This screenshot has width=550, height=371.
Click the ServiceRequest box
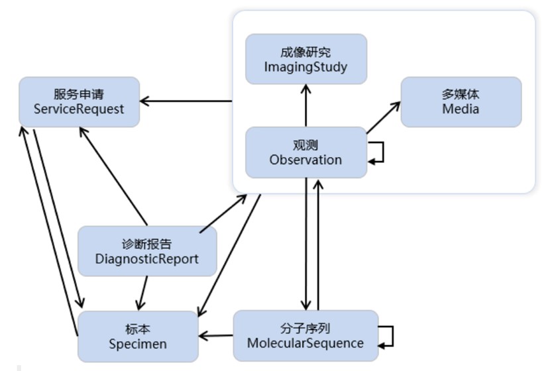pos(79,102)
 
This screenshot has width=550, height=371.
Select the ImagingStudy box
pos(305,59)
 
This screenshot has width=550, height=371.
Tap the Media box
pos(461,102)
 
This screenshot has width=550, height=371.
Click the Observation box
pos(305,152)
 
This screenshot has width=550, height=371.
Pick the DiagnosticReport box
pos(146,251)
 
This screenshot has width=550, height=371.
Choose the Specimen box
pos(138,336)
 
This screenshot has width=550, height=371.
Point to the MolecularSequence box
pos(305,336)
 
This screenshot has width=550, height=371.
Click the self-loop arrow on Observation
pos(378,152)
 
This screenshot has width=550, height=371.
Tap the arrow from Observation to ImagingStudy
pos(305,106)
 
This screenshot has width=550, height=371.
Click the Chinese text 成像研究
pos(305,52)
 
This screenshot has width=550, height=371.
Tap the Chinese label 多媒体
pos(461,94)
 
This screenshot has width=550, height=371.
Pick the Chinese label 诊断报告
pos(146,243)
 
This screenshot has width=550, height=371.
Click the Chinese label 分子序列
pos(305,328)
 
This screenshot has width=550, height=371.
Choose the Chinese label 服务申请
pos(79,94)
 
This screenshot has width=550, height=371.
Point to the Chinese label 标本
pos(138,328)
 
